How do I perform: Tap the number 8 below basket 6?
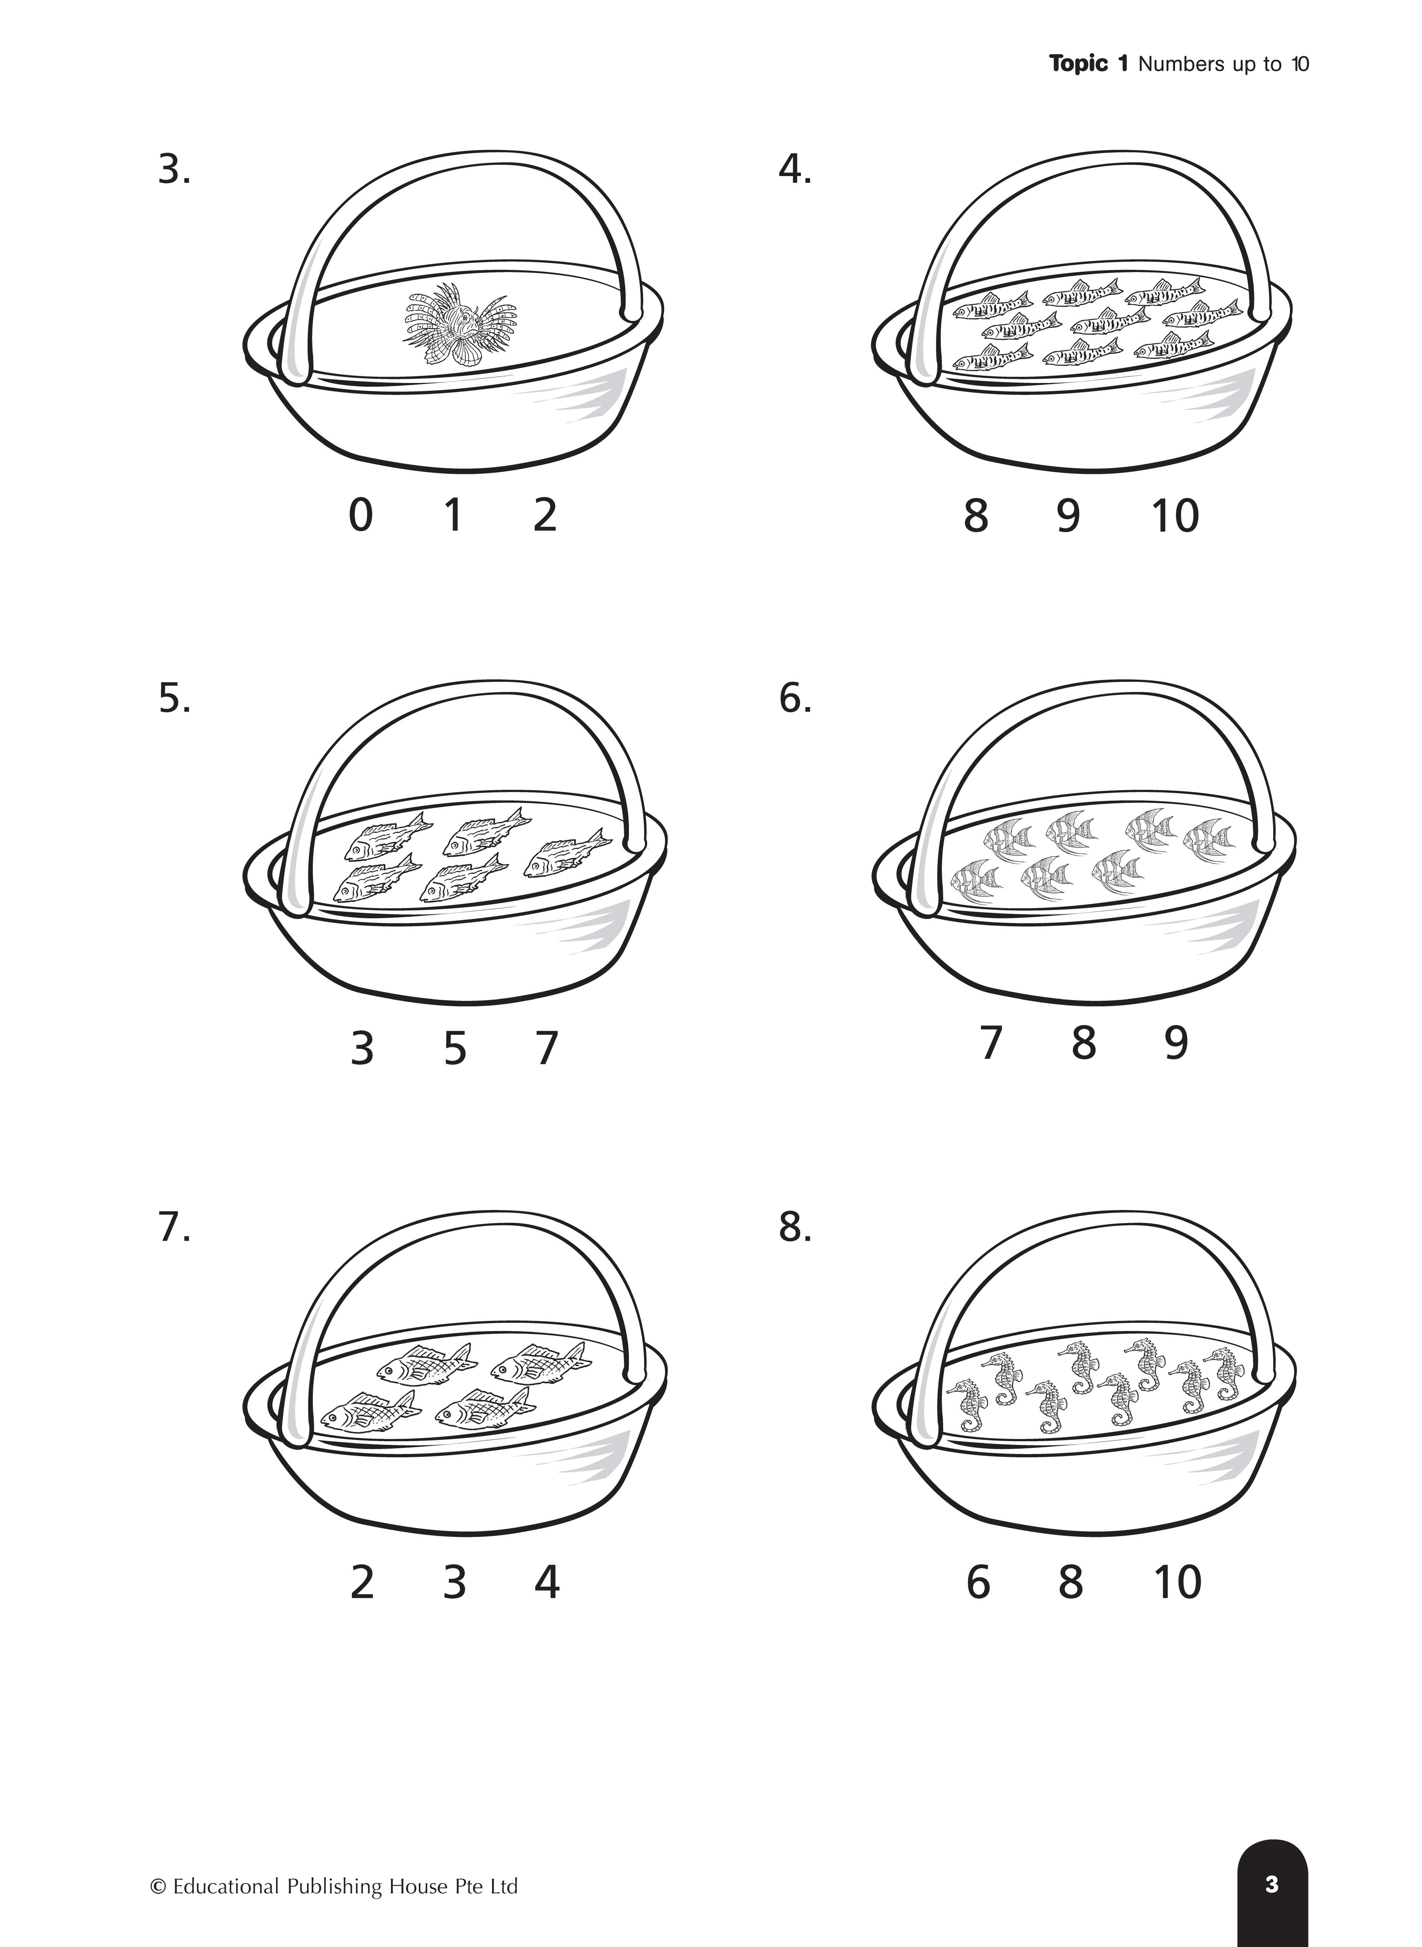tap(1084, 1043)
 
